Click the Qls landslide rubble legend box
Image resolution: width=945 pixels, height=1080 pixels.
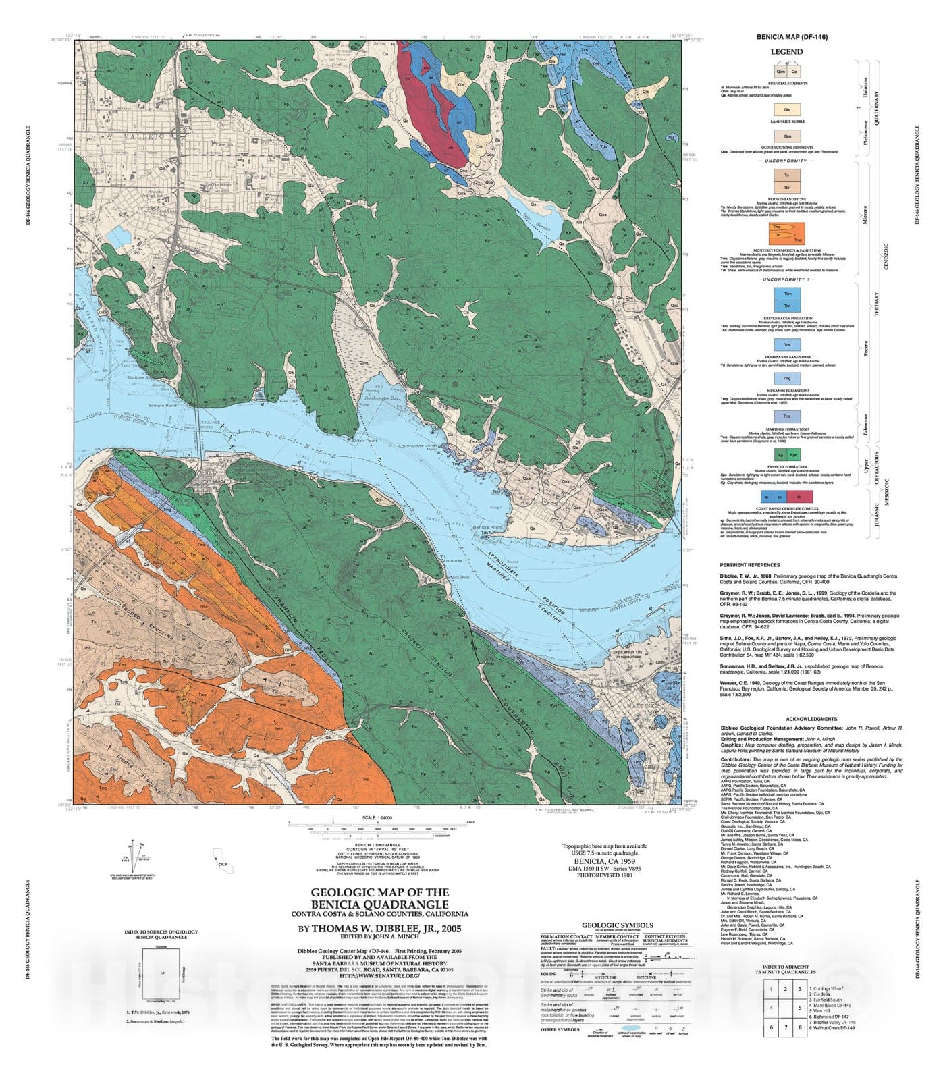(x=787, y=109)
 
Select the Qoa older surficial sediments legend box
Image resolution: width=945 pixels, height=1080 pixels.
(x=787, y=136)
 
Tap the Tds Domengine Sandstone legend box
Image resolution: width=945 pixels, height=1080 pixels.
(x=787, y=345)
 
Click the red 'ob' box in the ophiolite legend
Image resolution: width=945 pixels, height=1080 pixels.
(x=805, y=496)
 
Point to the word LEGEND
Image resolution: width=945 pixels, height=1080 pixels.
(x=787, y=52)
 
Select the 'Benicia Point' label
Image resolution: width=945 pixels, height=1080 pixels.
(x=487, y=527)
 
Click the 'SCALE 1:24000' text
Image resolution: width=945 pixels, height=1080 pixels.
(x=377, y=817)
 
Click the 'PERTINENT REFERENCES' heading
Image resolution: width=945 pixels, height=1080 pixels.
(x=749, y=564)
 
